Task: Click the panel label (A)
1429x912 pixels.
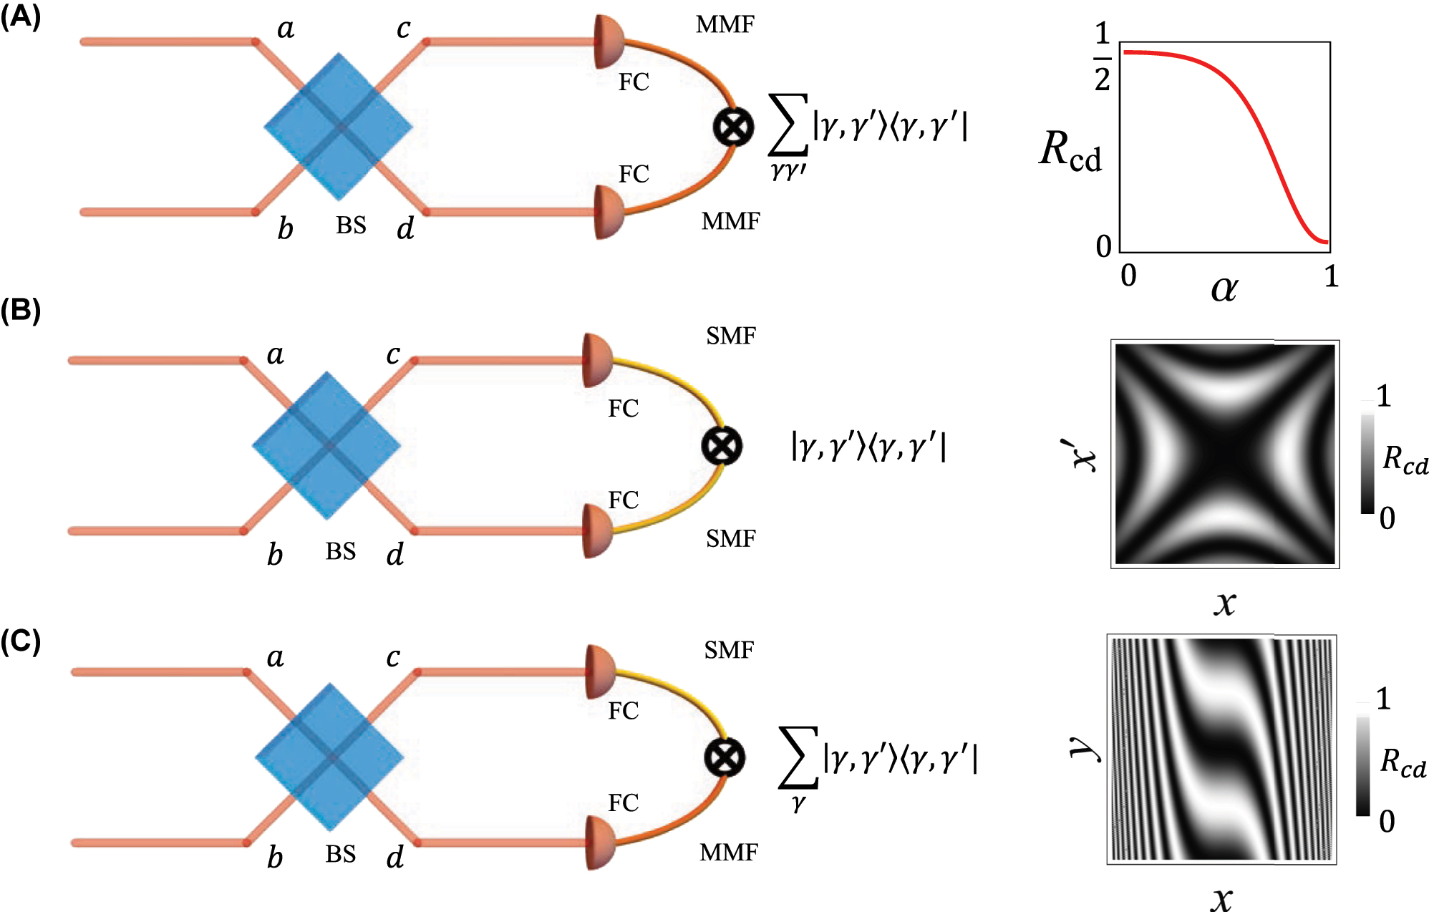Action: (20, 16)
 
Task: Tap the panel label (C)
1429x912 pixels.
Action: (20, 642)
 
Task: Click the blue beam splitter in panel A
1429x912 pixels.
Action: (339, 127)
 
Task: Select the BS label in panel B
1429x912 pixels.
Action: (341, 551)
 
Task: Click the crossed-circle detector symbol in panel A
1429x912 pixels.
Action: (733, 127)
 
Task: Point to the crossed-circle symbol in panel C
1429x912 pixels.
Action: (725, 757)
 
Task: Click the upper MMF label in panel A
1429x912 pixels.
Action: (725, 25)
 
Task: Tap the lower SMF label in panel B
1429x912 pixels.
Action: (730, 538)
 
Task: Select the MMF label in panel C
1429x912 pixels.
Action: (728, 852)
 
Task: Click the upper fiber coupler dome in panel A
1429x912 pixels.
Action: (609, 42)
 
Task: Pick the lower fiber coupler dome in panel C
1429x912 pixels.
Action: (600, 843)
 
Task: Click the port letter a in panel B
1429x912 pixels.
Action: (276, 354)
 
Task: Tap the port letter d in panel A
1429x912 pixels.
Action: (405, 228)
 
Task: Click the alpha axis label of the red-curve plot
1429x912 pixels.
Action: (1224, 288)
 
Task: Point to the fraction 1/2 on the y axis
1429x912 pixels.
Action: (1103, 57)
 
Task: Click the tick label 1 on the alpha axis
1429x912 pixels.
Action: (1330, 276)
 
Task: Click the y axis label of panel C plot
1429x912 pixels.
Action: (1085, 748)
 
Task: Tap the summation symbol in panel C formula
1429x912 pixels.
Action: (798, 757)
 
